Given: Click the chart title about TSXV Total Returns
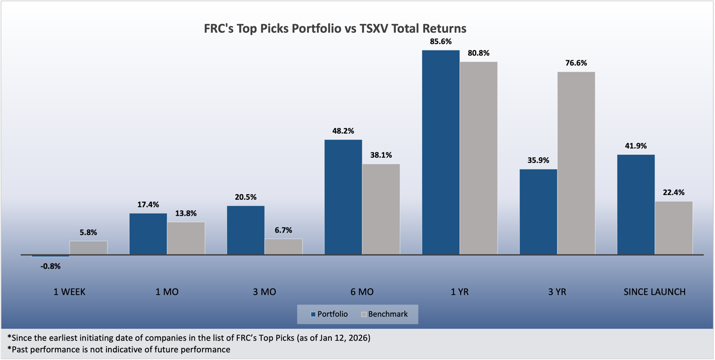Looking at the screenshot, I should click(335, 28).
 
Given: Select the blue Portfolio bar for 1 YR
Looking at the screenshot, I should click(440, 152).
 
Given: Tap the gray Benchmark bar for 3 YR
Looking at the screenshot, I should click(576, 163).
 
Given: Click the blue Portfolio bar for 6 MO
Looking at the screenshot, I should click(343, 197).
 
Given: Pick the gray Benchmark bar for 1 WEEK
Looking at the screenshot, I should click(88, 248).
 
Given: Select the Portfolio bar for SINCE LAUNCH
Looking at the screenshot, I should click(636, 205).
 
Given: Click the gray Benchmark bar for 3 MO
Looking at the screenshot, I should click(283, 247).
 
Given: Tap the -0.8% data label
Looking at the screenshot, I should click(50, 266).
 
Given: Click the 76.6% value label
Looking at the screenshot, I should click(576, 63).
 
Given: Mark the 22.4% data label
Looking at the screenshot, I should click(674, 193).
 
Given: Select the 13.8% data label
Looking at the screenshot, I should click(185, 213).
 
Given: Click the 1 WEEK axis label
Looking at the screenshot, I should click(69, 292).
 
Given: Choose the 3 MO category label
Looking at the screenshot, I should click(264, 292).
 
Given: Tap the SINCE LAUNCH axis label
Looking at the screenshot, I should click(655, 292).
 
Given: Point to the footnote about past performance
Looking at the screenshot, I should click(119, 350).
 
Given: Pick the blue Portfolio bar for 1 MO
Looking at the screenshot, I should click(148, 234).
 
